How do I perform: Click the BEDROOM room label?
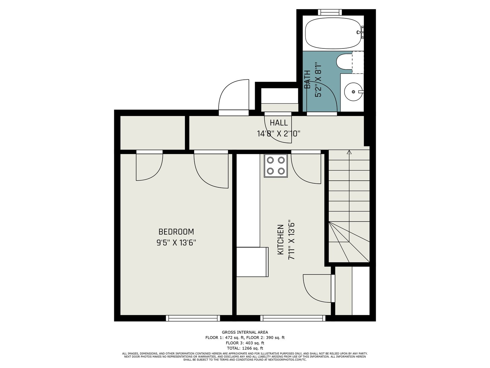point(176,232)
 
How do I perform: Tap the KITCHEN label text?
point(281,240)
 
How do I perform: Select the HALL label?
point(279,123)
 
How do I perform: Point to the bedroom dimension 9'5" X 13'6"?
point(176,243)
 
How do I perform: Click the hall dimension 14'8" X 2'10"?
point(279,134)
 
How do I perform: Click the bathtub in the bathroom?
point(333,33)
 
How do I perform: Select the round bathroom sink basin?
point(353,92)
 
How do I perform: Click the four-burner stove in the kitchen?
point(276,166)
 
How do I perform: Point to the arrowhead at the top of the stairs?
point(349,152)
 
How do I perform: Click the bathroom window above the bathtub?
point(330,12)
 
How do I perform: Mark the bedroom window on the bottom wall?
point(193,318)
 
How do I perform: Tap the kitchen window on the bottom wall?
point(293,318)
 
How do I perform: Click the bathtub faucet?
point(360,32)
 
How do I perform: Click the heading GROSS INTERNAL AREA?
point(245,332)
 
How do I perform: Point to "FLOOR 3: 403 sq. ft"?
point(245,343)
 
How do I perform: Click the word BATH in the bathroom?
point(307,79)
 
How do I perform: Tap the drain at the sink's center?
point(353,92)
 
